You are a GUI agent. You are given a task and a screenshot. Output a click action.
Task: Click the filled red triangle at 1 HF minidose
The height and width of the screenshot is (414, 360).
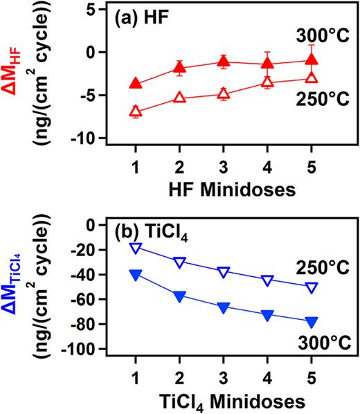pos(136,84)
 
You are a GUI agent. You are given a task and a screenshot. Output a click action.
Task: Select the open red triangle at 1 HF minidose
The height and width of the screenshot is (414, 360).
pos(136,111)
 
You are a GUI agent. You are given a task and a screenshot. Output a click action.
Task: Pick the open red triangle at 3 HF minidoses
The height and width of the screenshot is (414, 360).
pos(223,94)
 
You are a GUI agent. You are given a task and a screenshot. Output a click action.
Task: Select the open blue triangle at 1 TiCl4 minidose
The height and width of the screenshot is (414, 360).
pos(136,248)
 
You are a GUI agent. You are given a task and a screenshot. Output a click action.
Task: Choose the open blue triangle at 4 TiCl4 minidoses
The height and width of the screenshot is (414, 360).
pos(267,280)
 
